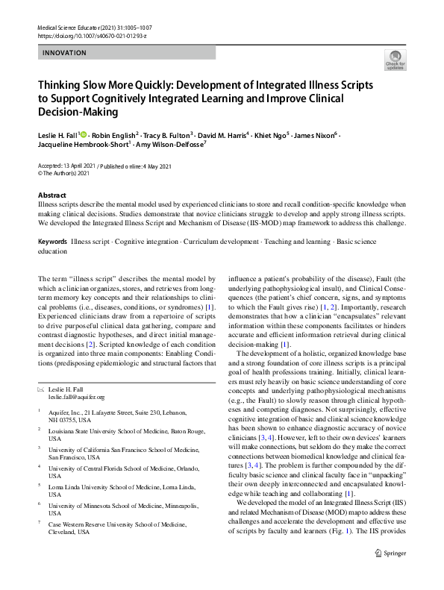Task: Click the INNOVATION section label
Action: (65, 53)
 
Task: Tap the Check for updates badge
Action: (395, 60)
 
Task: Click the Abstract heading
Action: (51, 195)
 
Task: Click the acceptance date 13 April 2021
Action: (78, 166)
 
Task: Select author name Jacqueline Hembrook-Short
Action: (83, 146)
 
